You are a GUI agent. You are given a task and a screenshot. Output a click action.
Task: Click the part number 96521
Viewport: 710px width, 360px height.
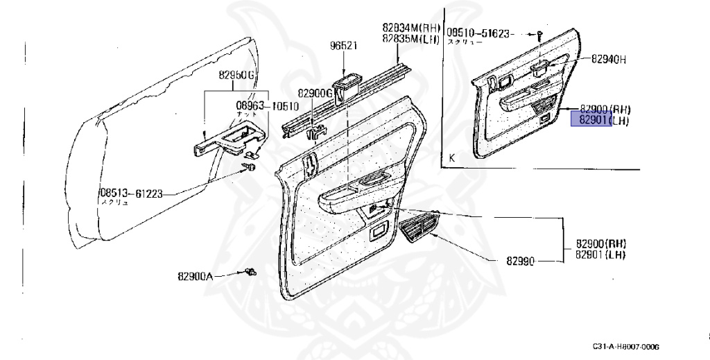[x=343, y=46]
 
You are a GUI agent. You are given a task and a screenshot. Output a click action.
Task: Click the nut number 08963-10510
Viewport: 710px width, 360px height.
[x=268, y=106]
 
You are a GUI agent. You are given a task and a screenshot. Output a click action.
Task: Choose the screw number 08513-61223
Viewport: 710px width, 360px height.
[x=131, y=194]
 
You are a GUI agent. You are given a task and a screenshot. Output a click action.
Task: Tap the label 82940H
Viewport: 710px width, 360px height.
[x=609, y=59]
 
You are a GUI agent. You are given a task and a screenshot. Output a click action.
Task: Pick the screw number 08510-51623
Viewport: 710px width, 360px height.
[x=478, y=32]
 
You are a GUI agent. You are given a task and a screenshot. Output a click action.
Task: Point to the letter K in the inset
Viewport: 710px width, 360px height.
[x=452, y=158]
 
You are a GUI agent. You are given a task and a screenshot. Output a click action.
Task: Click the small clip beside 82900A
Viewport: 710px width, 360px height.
[x=252, y=272]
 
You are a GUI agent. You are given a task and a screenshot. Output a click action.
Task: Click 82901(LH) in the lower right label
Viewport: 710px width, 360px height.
[x=600, y=255]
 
